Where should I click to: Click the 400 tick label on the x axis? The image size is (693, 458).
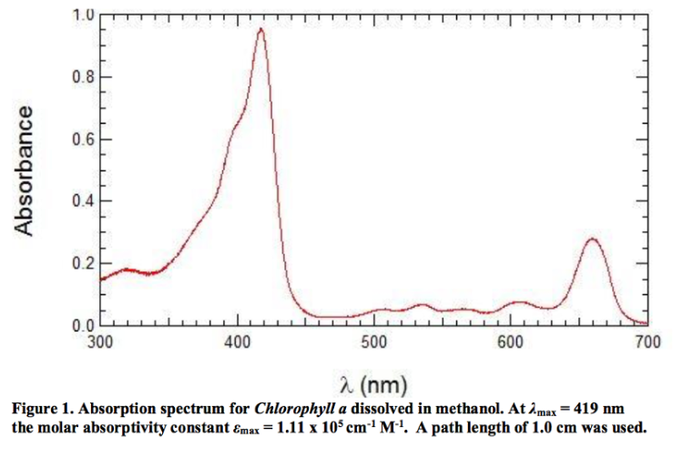(x=238, y=342)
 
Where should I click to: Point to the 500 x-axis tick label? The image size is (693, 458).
(x=374, y=342)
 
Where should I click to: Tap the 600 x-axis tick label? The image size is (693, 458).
(x=511, y=342)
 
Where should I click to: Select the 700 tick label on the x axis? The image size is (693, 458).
(x=647, y=342)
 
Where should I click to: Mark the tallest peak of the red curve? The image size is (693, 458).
(x=261, y=29)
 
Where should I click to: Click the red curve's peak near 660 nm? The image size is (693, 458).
(x=593, y=239)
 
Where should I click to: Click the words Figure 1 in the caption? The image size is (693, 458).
(x=45, y=405)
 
